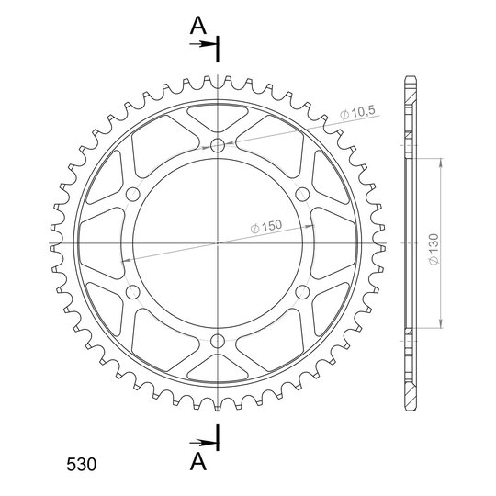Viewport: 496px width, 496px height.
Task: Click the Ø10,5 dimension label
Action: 357,113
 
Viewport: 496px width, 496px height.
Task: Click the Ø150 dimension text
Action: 266,226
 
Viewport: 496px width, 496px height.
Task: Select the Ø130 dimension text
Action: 434,249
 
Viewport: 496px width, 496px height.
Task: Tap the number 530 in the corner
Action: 82,465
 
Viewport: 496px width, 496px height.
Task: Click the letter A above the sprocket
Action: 198,26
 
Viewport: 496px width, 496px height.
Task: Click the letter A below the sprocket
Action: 198,461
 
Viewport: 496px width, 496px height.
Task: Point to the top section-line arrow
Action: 203,44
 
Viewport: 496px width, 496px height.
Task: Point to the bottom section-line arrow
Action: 203,443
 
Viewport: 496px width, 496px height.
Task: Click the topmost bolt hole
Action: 218,146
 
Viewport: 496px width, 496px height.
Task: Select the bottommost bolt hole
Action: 218,341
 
